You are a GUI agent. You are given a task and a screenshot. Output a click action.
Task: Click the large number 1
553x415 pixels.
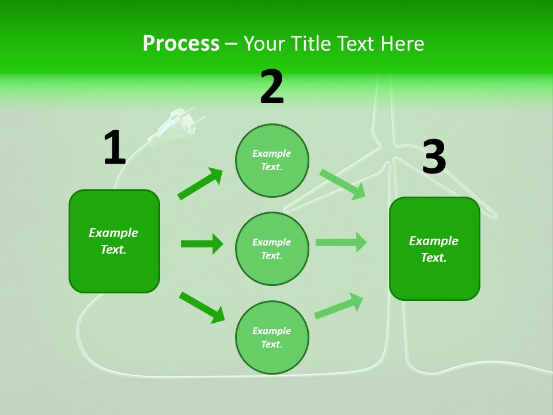[x=115, y=148]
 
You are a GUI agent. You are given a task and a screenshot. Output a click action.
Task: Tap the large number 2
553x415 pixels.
[x=272, y=87]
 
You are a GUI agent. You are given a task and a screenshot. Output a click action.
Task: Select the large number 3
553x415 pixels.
[x=434, y=157]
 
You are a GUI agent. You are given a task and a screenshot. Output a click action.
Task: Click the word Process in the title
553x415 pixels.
[x=181, y=43]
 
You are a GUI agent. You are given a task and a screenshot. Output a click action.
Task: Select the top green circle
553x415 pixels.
[x=272, y=160]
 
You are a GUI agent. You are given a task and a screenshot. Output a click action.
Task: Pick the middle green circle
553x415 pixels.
[x=272, y=248]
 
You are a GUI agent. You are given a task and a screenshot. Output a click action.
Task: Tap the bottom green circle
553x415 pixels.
[x=272, y=337]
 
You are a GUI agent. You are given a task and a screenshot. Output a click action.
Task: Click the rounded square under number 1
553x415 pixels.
[x=114, y=241]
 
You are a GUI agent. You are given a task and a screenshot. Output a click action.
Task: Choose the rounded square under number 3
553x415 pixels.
[x=434, y=248]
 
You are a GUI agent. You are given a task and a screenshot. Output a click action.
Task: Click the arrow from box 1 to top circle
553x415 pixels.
[x=200, y=184]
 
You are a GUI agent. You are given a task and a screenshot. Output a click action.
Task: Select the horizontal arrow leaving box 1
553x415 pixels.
[x=202, y=244]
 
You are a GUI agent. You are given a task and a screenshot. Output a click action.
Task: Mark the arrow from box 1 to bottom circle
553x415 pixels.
[x=202, y=307]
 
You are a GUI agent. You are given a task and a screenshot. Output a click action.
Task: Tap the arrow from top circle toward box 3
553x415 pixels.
[x=343, y=184]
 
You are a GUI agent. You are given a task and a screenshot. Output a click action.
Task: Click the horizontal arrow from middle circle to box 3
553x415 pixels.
[x=341, y=242]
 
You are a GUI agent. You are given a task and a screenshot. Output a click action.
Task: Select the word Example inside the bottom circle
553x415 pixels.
[x=272, y=331]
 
